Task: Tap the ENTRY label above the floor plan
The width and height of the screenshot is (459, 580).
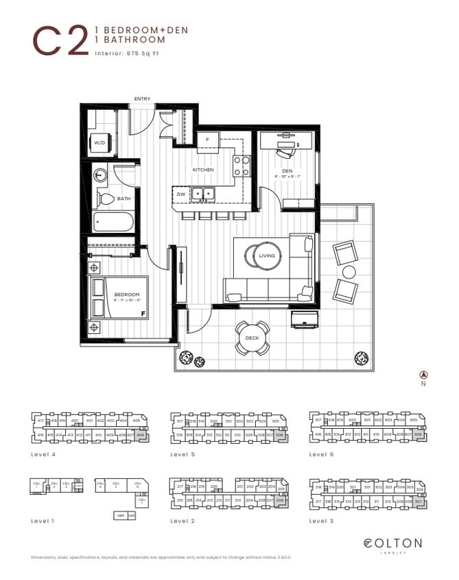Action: (143, 100)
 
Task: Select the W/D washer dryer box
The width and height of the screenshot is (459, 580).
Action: (100, 143)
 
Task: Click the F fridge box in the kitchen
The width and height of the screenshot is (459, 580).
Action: (207, 140)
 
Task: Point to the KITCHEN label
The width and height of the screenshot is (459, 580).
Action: (203, 170)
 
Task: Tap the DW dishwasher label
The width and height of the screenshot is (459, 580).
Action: (180, 194)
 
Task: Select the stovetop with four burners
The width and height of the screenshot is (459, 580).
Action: (242, 165)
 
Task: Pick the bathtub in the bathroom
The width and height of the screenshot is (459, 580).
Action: (113, 223)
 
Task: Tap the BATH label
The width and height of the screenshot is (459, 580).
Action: (123, 199)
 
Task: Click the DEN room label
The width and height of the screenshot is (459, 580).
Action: (287, 172)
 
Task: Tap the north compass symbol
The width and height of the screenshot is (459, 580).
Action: (423, 375)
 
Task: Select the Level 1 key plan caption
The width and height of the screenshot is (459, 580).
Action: (44, 521)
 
